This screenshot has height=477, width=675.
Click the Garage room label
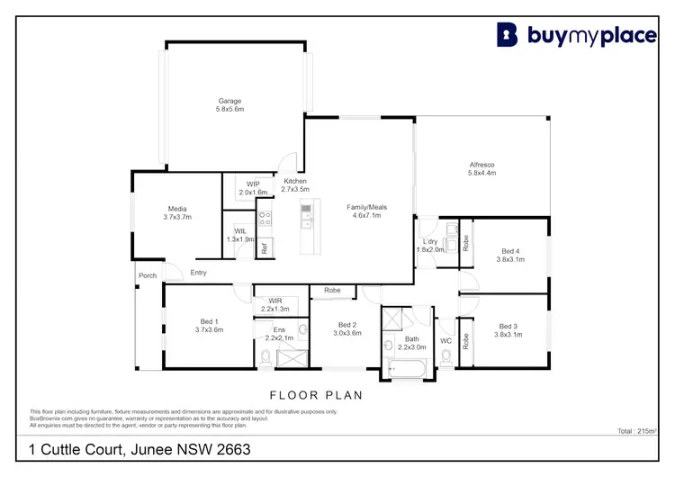coord(229,101)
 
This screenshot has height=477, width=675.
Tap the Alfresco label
coord(481,165)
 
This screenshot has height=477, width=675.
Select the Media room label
coord(176,209)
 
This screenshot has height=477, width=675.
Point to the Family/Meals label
coord(364,208)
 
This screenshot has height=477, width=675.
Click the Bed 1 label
coord(209,321)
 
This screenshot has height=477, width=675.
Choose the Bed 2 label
coord(348,325)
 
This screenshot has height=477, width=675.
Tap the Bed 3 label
coord(508,326)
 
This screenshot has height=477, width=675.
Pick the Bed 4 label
coord(509,250)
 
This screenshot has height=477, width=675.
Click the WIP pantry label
coord(253,184)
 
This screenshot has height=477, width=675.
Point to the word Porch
coord(147,275)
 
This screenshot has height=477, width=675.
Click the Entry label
coord(198,273)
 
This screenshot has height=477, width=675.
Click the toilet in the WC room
coord(446,358)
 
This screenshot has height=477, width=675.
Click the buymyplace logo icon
coord(508,34)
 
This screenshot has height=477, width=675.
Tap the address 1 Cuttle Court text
coord(139,448)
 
